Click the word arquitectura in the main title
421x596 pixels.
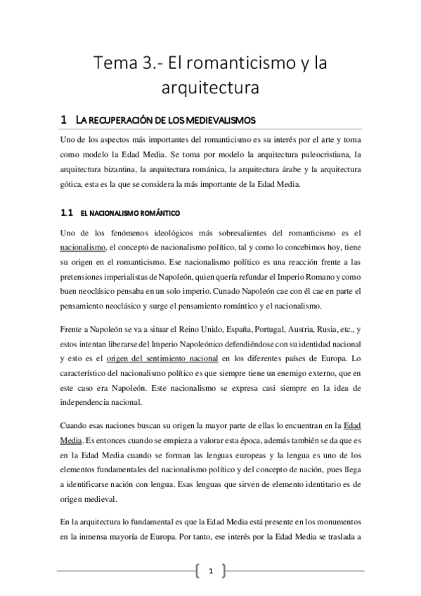point(210,90)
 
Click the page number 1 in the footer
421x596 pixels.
point(210,572)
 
